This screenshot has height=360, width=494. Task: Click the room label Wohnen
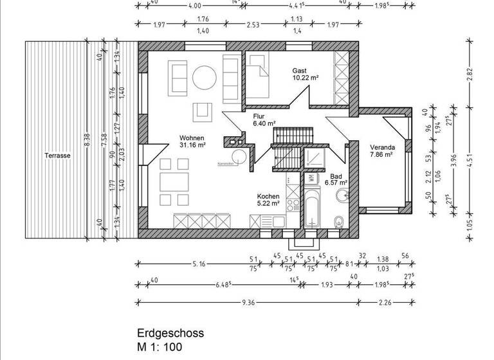[x=192, y=138]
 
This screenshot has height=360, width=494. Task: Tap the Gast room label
[x=299, y=71]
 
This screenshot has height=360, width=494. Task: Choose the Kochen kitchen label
[x=268, y=196]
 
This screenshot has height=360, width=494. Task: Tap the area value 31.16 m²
[x=192, y=146]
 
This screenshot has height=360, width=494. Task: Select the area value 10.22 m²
[x=305, y=78]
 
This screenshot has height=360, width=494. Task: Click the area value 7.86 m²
[x=381, y=154]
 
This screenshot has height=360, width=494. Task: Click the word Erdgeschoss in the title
[x=170, y=333]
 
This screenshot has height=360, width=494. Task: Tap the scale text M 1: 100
[x=160, y=347]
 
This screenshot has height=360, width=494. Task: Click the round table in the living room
[x=206, y=78]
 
